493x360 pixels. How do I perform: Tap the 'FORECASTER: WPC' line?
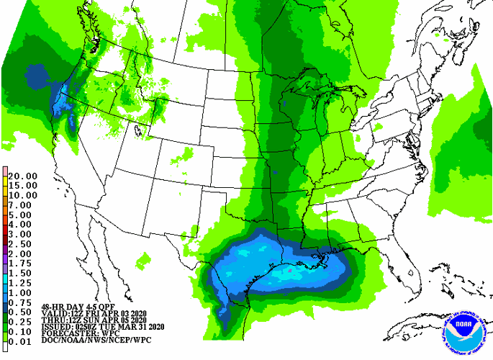[x=76, y=335]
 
